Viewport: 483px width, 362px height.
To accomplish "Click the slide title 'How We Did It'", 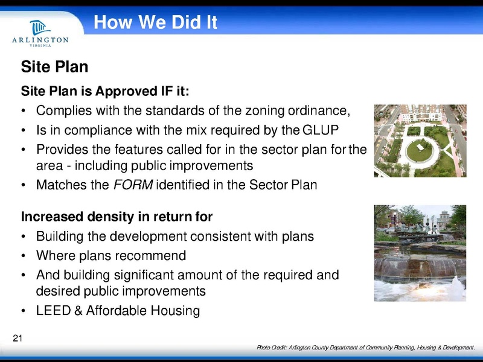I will (155, 23).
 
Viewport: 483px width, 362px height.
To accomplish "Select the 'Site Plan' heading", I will (55, 67).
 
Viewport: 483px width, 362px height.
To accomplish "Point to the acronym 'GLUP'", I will (319, 130).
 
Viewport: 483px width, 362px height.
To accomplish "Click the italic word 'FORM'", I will (133, 185).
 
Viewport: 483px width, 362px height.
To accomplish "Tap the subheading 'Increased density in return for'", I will (117, 216).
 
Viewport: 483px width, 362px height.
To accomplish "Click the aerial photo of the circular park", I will (420, 141).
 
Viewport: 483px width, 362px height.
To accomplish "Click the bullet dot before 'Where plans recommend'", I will (23, 255).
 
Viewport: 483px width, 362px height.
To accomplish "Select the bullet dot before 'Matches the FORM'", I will (23, 185).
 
